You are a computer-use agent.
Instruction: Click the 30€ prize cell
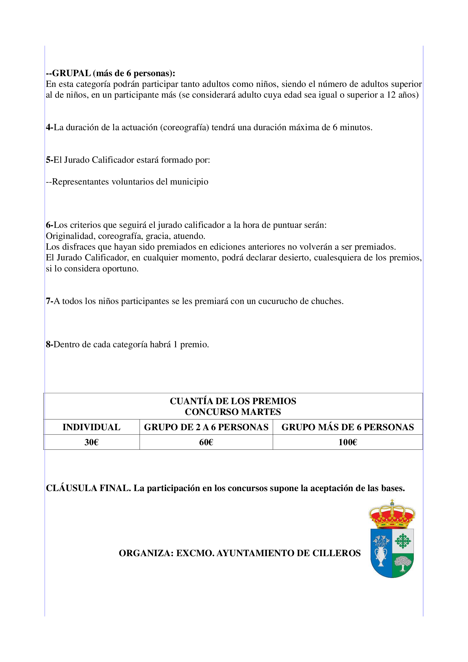pos(91,442)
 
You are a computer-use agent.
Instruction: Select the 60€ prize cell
pos(206,442)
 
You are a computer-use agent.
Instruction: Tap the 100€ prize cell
pos(347,442)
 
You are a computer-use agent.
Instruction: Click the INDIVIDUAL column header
pos(91,427)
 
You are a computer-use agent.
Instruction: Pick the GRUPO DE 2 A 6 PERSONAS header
pos(206,427)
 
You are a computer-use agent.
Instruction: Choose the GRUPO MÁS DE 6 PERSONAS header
pos(347,427)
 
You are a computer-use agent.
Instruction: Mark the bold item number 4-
pos(50,127)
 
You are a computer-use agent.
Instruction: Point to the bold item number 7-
pos(50,301)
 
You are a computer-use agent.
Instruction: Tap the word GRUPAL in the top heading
pos(72,73)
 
